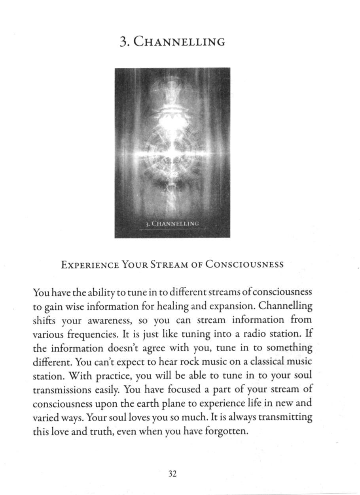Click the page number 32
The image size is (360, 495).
coord(172,474)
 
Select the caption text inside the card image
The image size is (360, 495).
coord(172,224)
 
